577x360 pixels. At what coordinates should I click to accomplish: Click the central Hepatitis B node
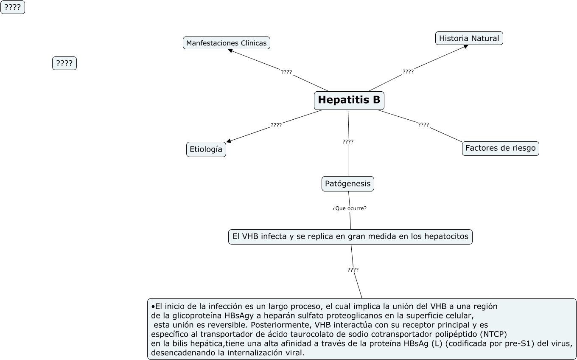349,101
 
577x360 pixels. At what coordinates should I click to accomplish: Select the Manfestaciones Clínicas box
227,43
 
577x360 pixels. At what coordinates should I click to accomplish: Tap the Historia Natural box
469,38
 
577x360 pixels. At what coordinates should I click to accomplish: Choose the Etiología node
206,149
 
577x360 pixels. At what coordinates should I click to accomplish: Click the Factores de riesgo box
500,148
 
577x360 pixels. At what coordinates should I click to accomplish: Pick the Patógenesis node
347,184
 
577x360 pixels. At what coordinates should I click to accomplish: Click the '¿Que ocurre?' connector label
350,208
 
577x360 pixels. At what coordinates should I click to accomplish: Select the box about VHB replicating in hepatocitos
350,236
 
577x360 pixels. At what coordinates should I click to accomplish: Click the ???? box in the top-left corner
13,7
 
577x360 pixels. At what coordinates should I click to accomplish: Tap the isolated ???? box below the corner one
64,63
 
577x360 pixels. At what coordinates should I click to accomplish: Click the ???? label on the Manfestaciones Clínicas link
286,72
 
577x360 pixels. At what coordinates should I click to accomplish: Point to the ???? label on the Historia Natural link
408,72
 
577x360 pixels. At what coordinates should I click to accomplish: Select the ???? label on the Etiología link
276,125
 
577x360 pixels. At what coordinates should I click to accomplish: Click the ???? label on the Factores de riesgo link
423,125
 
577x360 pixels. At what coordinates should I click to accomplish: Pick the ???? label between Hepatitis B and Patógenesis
348,142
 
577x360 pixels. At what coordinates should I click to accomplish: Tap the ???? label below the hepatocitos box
353,270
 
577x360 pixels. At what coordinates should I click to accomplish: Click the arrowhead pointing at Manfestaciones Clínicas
230,51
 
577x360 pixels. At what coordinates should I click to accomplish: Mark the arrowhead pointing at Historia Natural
466,46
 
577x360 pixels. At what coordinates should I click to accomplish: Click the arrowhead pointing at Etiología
229,141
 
